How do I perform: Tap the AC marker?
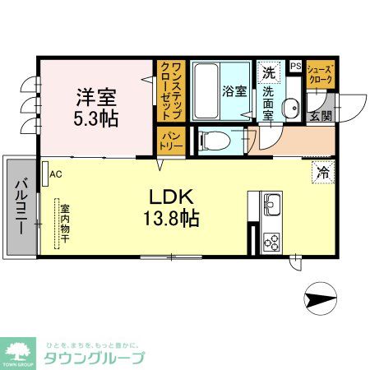pyautogui.click(x=55, y=173)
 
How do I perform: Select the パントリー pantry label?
pyautogui.click(x=170, y=141)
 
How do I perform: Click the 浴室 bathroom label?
pyautogui.click(x=235, y=92)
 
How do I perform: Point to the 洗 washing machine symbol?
pyautogui.click(x=268, y=73)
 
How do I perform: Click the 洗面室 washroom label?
pyautogui.click(x=268, y=103)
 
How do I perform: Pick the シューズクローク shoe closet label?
pyautogui.click(x=320, y=75)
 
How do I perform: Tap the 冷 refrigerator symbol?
pyautogui.click(x=323, y=173)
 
